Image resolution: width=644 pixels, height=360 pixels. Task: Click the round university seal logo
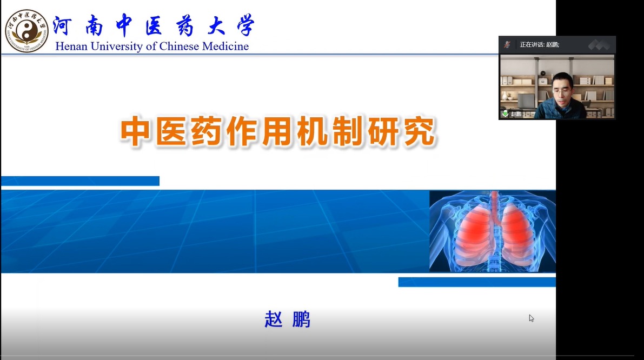click(x=26, y=31)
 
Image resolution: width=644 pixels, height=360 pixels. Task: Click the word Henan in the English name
click(x=71, y=46)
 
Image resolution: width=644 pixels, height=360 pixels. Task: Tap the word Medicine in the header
click(x=225, y=46)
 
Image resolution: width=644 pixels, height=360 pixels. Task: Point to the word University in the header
click(x=116, y=47)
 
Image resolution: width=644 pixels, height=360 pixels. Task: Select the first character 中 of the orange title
click(x=135, y=132)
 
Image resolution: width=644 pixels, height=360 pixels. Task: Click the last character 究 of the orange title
click(x=420, y=132)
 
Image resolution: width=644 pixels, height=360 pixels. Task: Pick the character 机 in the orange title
click(x=313, y=132)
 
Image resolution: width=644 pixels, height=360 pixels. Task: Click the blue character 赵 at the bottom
click(x=274, y=319)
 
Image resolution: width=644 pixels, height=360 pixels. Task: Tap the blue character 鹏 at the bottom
click(x=301, y=319)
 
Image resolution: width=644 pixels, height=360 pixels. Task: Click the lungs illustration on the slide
click(x=493, y=231)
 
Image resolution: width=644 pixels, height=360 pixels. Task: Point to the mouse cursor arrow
click(x=531, y=318)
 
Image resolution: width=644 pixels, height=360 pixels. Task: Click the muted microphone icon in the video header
click(x=508, y=44)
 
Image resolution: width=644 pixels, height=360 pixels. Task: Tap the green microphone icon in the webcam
click(x=505, y=114)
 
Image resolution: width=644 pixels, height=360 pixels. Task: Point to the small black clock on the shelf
click(x=543, y=73)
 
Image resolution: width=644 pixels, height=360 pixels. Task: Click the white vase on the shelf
click(x=505, y=96)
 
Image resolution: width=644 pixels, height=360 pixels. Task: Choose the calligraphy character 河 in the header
click(x=62, y=26)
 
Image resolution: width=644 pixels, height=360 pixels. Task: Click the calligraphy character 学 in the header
click(x=245, y=25)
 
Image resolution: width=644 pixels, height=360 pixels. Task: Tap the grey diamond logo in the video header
click(x=599, y=44)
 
